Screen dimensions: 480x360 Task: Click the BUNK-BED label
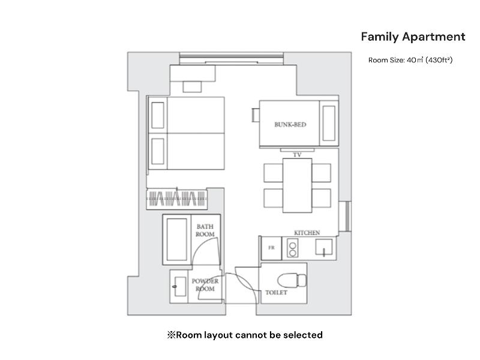pyautogui.click(x=290, y=125)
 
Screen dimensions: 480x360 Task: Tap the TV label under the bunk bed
pyautogui.click(x=297, y=155)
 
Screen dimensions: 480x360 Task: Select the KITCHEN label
pyautogui.click(x=307, y=233)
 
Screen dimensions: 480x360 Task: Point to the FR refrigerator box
pyautogui.click(x=271, y=248)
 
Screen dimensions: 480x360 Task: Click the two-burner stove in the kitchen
pyautogui.click(x=292, y=249)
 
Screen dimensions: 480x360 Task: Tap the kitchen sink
pyautogui.click(x=324, y=247)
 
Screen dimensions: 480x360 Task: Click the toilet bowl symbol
pyautogui.click(x=292, y=280)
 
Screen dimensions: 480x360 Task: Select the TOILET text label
pyautogui.click(x=276, y=293)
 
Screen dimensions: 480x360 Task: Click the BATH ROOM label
pyautogui.click(x=205, y=230)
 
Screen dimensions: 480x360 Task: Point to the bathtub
pyautogui.click(x=176, y=239)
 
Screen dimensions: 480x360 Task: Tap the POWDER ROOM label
pyautogui.click(x=205, y=284)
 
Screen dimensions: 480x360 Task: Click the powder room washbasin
pyautogui.click(x=179, y=287)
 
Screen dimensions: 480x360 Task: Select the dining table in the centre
pyautogui.click(x=297, y=185)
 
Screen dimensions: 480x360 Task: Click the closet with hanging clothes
pyautogui.click(x=177, y=199)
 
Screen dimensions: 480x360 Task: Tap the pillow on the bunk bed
pyautogui.click(x=329, y=123)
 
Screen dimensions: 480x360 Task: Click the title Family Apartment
pyautogui.click(x=413, y=37)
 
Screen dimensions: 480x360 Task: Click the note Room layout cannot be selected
pyautogui.click(x=245, y=335)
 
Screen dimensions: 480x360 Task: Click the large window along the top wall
pyautogui.click(x=232, y=58)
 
